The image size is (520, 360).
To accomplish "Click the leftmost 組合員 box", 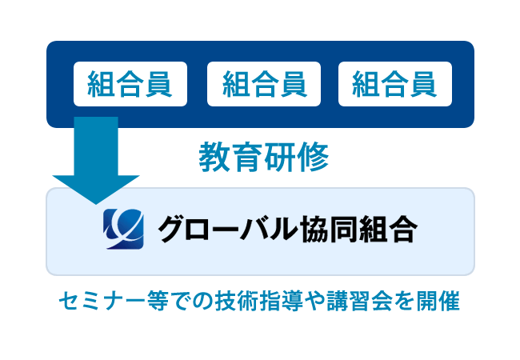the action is [130, 84].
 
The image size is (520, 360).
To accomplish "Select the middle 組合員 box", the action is [264, 84].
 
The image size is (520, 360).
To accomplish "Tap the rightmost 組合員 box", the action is [395, 84].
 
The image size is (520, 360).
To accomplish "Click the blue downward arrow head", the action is [96, 190].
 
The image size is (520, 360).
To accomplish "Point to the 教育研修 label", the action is [264, 157].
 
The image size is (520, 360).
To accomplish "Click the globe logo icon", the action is [123, 229].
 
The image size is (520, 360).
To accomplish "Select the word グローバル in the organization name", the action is [227, 229].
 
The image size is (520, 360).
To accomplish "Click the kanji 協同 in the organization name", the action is [328, 229].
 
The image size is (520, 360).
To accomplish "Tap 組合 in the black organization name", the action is [388, 229].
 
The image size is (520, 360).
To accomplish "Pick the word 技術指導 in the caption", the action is [259, 302].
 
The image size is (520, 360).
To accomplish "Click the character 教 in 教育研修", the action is [215, 157].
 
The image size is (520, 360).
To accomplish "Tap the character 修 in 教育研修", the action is [313, 157].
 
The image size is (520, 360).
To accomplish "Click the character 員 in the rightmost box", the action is [423, 84].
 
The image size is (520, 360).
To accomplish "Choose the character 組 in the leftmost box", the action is [101, 84].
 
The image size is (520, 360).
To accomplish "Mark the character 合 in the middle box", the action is [264, 84].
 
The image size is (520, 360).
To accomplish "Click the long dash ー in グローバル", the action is [227, 230].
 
